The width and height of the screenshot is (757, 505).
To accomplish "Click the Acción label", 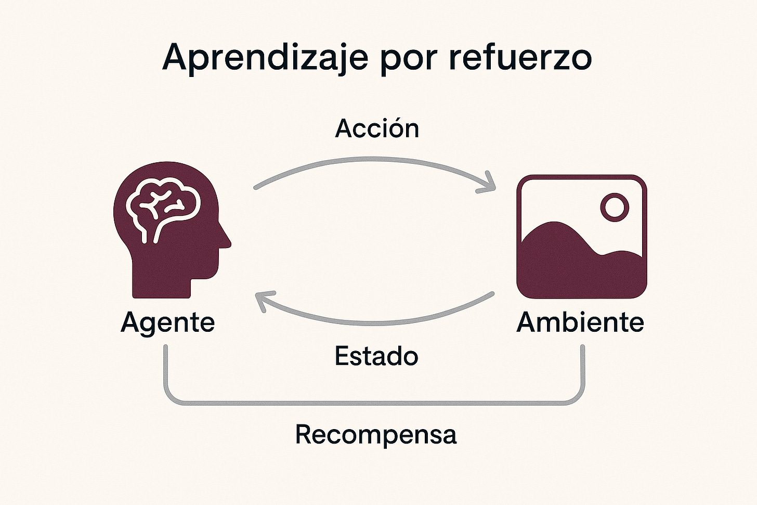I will tap(377, 128).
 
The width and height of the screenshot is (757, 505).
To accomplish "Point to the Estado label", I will tap(376, 356).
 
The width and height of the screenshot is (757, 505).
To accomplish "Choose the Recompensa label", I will tap(376, 434).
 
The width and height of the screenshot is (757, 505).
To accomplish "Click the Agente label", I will tap(167, 322).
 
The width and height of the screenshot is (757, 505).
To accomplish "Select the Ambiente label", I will tap(580, 322).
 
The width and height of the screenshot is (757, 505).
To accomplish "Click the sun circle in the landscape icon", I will tap(614, 207).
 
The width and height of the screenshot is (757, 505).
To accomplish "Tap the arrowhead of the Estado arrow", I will tap(262, 301).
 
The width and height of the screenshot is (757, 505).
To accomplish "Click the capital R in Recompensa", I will tap(304, 434).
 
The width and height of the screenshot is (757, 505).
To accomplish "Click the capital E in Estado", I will tap(342, 356).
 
